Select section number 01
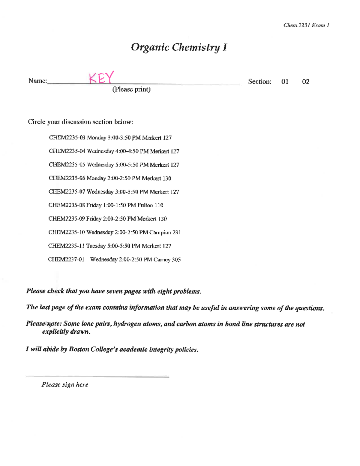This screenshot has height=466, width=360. click(x=285, y=82)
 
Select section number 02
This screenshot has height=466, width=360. click(x=305, y=82)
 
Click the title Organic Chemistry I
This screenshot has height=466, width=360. click(x=179, y=47)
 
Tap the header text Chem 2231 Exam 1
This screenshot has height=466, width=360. click(x=306, y=25)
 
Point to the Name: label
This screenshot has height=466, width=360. click(x=37, y=81)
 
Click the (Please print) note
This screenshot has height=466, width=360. click(x=131, y=89)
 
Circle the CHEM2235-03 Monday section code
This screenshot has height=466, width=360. click(x=67, y=138)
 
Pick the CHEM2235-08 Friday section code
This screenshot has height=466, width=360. click(x=67, y=205)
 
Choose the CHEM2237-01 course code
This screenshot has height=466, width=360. click(x=66, y=260)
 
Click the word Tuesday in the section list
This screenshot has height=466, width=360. click(x=96, y=246)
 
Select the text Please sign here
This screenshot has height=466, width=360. click(x=65, y=385)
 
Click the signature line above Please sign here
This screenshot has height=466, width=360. click(x=97, y=377)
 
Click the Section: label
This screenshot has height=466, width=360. click(x=259, y=82)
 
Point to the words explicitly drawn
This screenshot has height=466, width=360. click(x=66, y=332)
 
